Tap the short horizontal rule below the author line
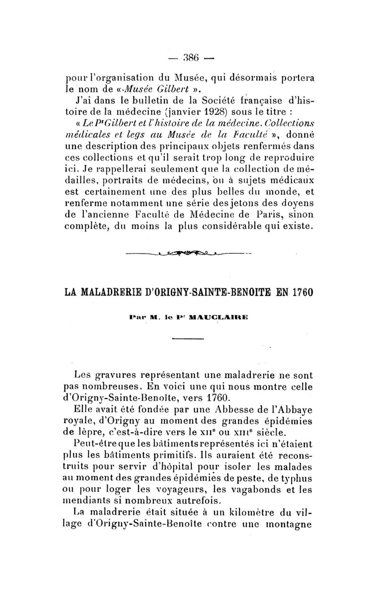click(188, 339)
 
